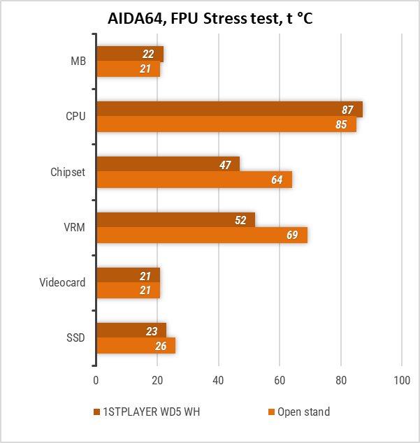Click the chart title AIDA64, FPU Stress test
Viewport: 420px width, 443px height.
pyautogui.click(x=210, y=18)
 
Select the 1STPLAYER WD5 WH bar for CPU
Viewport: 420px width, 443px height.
pyautogui.click(x=229, y=110)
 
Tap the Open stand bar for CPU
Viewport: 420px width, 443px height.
pyautogui.click(x=226, y=124)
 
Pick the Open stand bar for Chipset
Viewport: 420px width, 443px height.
pyautogui.click(x=194, y=180)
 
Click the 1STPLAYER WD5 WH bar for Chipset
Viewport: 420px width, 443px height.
pyautogui.click(x=168, y=164)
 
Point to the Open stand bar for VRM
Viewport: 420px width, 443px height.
pyautogui.click(x=201, y=235)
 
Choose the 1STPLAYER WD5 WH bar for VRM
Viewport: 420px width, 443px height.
pyautogui.click(x=175, y=219)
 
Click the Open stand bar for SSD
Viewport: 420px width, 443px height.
pyautogui.click(x=136, y=345)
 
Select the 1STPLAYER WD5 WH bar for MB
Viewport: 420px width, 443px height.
pyautogui.click(x=129, y=54)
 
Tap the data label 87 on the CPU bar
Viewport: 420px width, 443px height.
pyautogui.click(x=347, y=110)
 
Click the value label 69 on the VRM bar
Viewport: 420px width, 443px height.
pyautogui.click(x=292, y=235)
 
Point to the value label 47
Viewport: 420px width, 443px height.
pyautogui.click(x=225, y=165)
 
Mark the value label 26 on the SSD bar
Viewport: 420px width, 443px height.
pyautogui.click(x=161, y=346)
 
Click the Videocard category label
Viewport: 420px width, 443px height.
pyautogui.click(x=62, y=282)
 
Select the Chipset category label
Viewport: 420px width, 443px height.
pyautogui.click(x=68, y=172)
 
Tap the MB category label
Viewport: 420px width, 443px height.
pyautogui.click(x=78, y=61)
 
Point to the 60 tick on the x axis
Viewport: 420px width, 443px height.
pyautogui.click(x=280, y=381)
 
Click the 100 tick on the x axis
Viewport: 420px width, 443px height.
pyautogui.click(x=402, y=381)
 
